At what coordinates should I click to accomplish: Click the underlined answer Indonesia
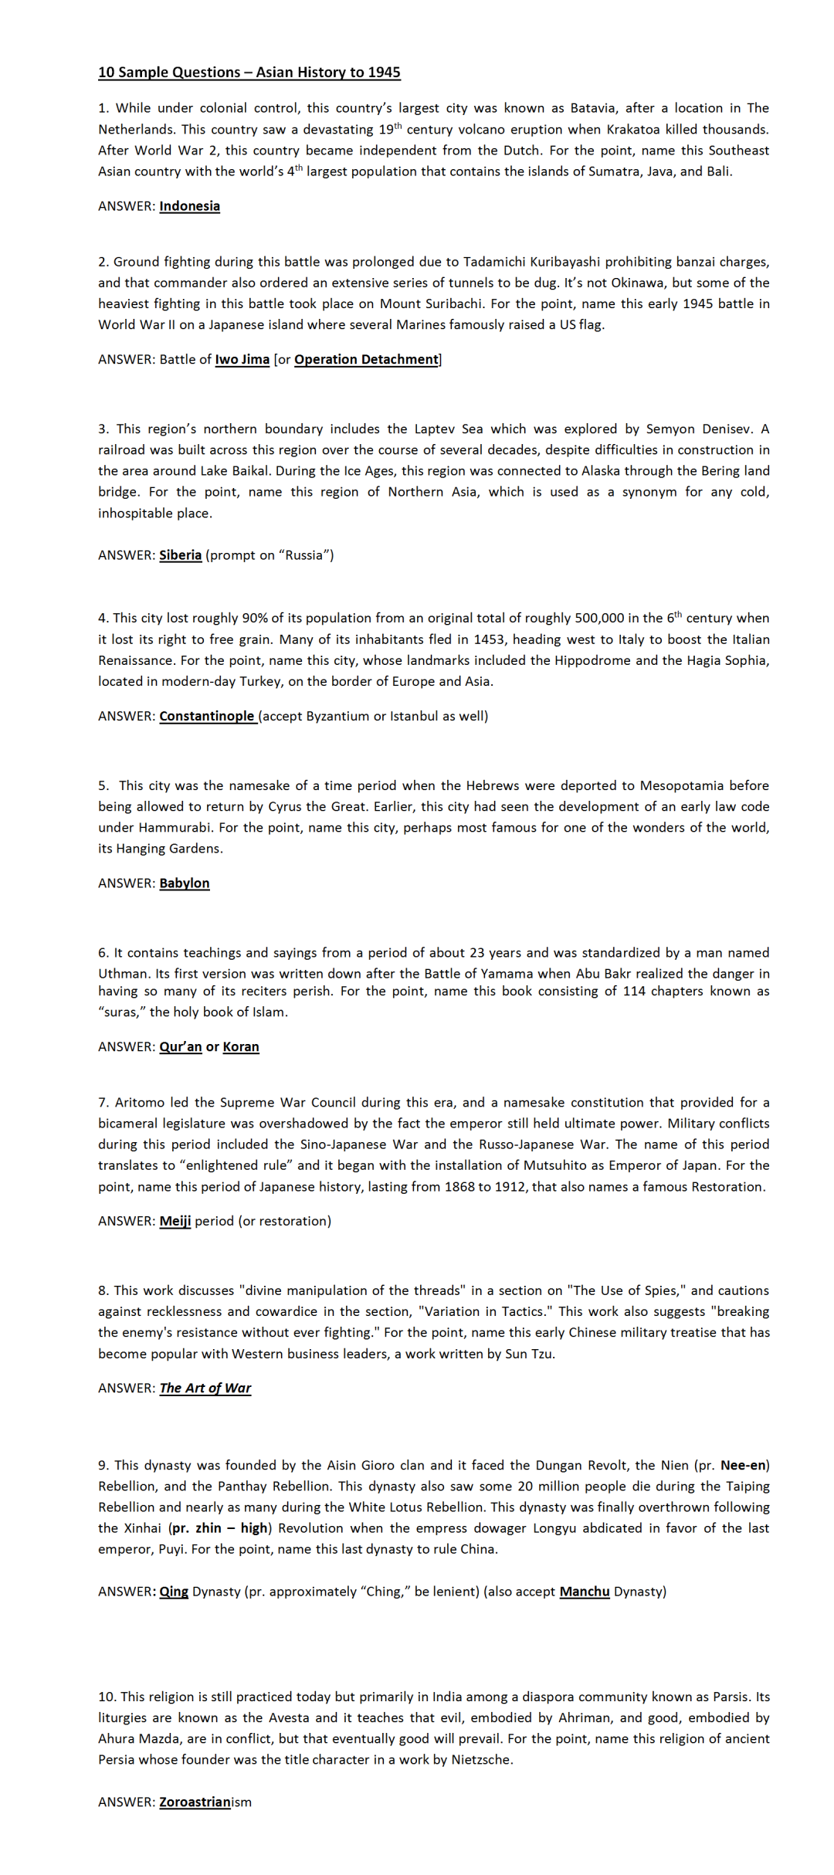click(x=189, y=206)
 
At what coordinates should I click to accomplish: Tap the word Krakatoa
click(x=632, y=129)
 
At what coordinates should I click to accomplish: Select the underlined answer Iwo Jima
click(x=242, y=359)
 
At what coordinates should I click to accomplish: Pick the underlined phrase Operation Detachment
click(x=366, y=359)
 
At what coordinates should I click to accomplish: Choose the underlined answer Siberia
click(x=180, y=554)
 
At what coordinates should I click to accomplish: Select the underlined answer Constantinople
click(x=207, y=716)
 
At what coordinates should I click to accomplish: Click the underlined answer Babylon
click(x=184, y=883)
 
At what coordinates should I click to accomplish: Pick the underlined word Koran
click(x=241, y=1046)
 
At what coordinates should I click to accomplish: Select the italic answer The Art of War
click(x=205, y=1388)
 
